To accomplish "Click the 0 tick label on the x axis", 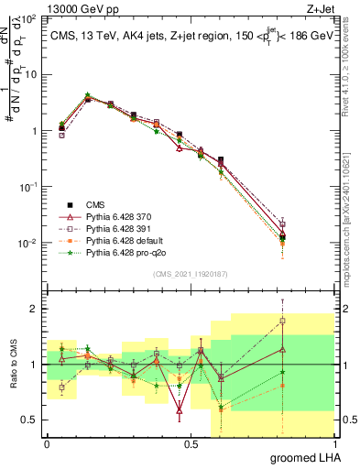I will click(x=47, y=443).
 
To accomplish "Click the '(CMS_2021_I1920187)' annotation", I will click(x=191, y=274).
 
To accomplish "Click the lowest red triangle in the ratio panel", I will click(x=180, y=411).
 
